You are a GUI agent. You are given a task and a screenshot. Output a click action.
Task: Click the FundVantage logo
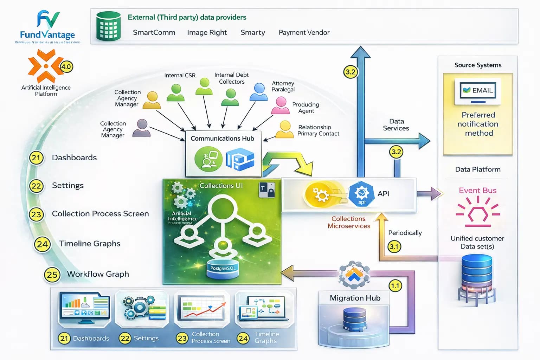(x=47, y=26)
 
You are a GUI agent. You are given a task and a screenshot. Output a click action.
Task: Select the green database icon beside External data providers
(x=108, y=26)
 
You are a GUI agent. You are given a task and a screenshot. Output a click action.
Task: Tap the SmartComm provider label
(x=154, y=33)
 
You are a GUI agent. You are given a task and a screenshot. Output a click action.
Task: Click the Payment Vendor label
(x=304, y=33)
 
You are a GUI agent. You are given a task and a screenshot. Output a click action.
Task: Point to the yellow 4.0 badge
(x=66, y=66)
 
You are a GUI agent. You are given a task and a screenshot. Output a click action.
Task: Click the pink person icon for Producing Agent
(x=281, y=105)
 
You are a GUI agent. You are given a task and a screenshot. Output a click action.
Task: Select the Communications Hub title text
(x=222, y=139)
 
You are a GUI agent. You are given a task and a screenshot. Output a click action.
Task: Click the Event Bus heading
(x=477, y=191)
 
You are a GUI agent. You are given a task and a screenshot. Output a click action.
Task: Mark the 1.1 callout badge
(x=395, y=286)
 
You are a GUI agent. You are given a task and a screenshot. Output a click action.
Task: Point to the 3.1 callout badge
(x=394, y=246)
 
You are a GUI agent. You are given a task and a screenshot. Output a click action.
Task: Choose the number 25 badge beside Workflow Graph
(x=52, y=275)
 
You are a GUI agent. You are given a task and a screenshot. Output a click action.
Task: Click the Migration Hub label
(x=355, y=298)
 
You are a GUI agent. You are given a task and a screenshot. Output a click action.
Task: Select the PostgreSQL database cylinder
(x=223, y=269)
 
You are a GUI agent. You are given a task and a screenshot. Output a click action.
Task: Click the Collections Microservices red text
(x=349, y=223)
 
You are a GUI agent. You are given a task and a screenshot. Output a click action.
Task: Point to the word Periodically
(x=405, y=233)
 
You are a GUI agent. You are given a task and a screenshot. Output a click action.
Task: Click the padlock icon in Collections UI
(x=271, y=192)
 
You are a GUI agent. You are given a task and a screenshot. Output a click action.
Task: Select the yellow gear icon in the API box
(x=321, y=194)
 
